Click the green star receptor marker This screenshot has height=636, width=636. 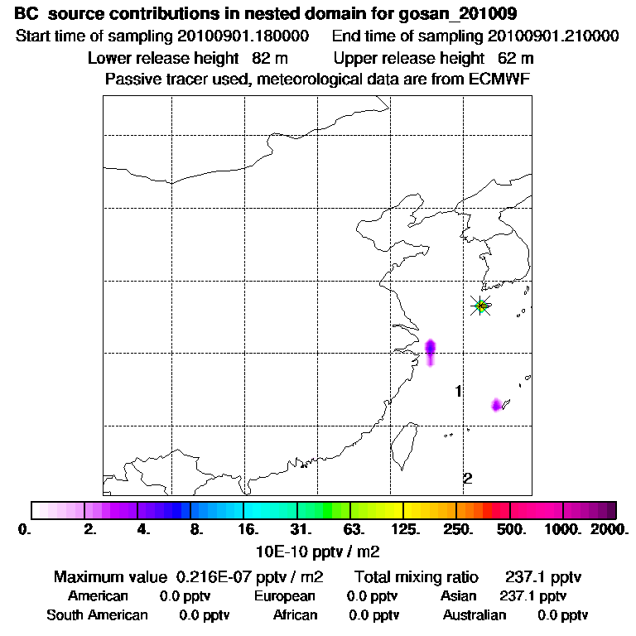click(480, 306)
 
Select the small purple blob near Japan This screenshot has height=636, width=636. click(497, 404)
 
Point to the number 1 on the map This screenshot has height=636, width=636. click(458, 391)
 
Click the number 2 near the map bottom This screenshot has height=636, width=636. click(467, 478)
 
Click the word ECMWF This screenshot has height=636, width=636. click(499, 79)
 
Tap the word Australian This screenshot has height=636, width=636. click(474, 614)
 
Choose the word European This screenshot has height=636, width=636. click(284, 595)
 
